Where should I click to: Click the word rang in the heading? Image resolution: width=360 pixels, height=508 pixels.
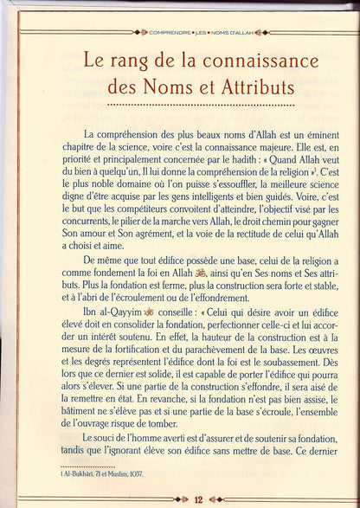pyautogui.click(x=125, y=64)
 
